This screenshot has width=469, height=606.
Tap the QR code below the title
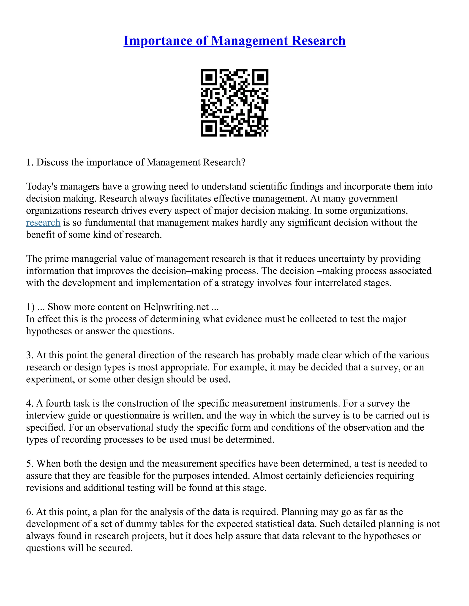pos(234,103)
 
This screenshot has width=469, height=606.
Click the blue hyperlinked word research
pos(43,223)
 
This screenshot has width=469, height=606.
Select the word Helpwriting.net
pos(176,307)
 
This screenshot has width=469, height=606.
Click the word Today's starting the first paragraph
pos(42,186)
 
